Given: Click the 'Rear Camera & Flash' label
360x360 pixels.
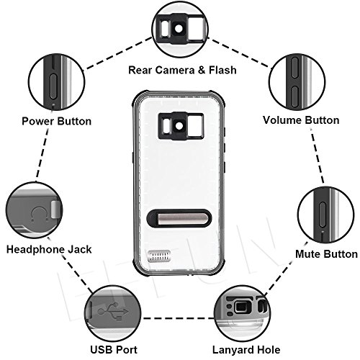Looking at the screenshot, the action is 182,70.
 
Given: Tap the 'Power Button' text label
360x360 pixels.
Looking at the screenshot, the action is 57,121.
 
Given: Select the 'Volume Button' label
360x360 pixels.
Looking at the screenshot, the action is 301,120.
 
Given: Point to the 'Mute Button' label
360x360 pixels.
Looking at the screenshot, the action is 326,254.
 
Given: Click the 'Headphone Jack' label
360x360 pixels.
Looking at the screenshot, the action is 49,249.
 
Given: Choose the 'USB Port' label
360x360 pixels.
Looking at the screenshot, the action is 114,349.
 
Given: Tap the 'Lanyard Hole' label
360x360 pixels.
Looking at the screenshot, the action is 246,350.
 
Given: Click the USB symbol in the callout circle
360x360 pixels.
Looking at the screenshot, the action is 113,311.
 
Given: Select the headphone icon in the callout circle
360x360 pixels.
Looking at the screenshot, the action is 40,214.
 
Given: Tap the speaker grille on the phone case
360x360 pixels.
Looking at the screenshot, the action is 159,256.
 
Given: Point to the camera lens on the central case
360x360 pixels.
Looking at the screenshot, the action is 179,125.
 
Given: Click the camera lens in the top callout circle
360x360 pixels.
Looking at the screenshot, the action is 179,29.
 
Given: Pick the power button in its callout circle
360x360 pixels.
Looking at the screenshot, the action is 53,86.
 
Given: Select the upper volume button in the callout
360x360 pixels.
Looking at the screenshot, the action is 295,68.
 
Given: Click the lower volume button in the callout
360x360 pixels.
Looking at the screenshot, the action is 295,96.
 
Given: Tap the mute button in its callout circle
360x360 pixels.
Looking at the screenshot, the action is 323,215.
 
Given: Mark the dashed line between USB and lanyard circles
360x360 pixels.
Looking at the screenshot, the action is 178,318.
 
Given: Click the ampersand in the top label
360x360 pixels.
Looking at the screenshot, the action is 202,70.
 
